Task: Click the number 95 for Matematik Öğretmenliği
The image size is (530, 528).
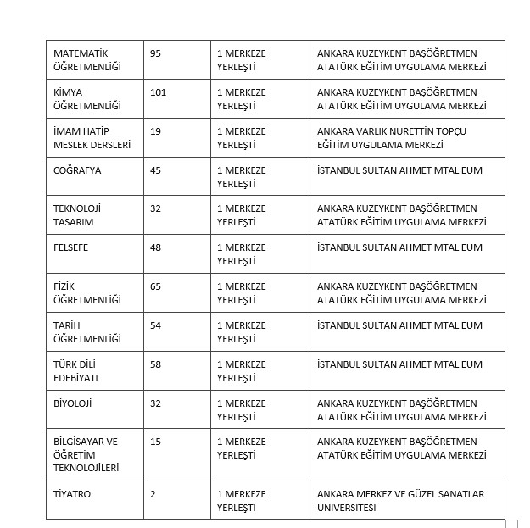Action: [x=155, y=53]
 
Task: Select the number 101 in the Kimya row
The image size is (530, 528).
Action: [x=158, y=92]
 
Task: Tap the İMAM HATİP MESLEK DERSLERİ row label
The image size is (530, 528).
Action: [x=92, y=138]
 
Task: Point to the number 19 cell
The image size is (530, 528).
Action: [x=155, y=131]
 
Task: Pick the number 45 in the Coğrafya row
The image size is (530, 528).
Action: [x=155, y=170]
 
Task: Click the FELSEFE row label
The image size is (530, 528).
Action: [x=70, y=247]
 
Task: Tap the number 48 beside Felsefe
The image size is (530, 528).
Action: [x=155, y=247]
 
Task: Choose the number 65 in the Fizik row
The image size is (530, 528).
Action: [x=155, y=286]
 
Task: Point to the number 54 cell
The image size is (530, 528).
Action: [x=155, y=325]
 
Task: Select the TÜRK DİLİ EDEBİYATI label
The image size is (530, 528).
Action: [x=75, y=371]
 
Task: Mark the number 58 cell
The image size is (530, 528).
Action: [x=155, y=364]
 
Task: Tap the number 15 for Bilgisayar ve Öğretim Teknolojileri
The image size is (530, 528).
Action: [x=155, y=442]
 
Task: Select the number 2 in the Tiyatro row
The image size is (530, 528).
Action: [x=153, y=494]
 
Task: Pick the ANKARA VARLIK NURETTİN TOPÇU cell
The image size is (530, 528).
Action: [x=391, y=138]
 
